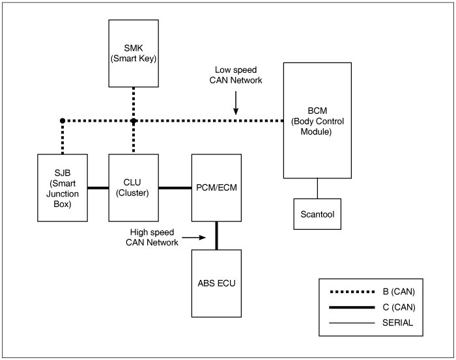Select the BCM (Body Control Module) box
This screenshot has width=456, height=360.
[x=317, y=120]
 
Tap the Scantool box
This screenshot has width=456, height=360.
[x=317, y=213]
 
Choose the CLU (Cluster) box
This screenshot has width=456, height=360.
[x=133, y=187]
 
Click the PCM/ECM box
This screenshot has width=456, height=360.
[x=216, y=187]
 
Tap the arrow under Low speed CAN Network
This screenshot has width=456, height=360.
[x=236, y=104]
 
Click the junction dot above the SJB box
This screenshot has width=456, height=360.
[x=62, y=120]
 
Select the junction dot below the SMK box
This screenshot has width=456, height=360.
[x=133, y=120]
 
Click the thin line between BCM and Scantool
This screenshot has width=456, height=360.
[x=317, y=187]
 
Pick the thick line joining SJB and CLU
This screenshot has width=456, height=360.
[x=97, y=188]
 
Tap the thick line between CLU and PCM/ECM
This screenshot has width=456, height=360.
[x=175, y=188]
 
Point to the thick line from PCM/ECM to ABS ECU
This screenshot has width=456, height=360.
[x=216, y=234]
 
